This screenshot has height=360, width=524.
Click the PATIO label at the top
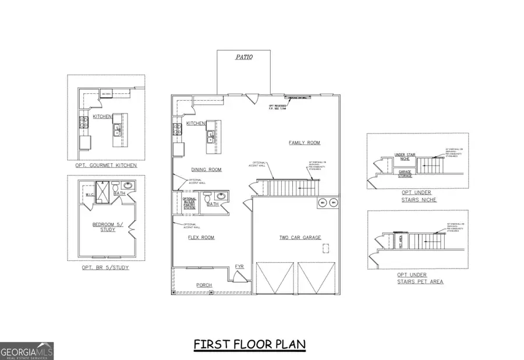pos(244,58)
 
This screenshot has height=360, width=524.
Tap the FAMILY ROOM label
pos(304,143)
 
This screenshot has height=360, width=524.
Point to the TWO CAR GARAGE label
pos(300,238)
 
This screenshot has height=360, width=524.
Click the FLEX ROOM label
pos(201,238)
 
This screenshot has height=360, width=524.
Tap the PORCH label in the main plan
pos(204,285)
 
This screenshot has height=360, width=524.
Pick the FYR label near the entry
pos(239,266)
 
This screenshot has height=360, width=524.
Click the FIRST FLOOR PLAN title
pos(250,345)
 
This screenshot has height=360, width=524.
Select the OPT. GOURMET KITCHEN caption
pos(106,165)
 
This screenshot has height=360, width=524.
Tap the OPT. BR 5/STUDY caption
pos(106,267)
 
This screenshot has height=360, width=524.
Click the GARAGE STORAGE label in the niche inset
pos(406,172)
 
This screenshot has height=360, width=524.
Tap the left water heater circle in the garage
pos(321,203)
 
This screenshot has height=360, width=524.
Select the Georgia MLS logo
pos(27,351)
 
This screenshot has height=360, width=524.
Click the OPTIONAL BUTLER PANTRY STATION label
pos(190,203)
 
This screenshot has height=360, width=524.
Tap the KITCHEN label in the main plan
pos(196,124)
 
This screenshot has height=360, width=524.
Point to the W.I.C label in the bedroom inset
pos(90,195)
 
